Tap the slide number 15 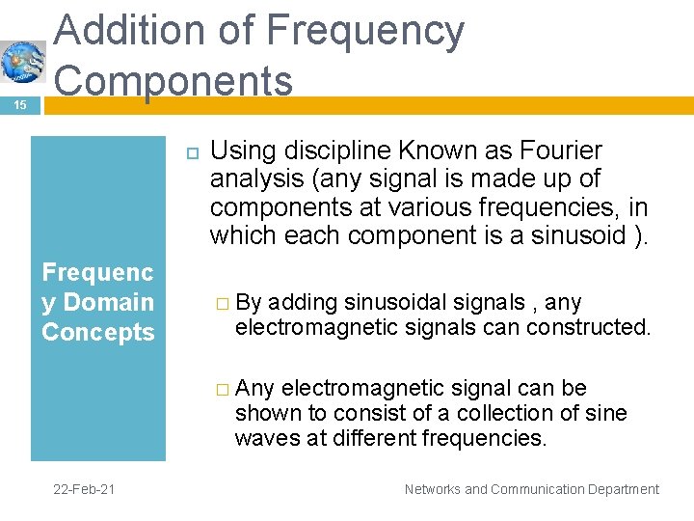pos(20,103)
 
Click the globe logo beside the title pos(22,63)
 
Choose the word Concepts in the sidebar pos(98,332)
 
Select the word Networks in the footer pos(432,489)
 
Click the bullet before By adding pos(223,304)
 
